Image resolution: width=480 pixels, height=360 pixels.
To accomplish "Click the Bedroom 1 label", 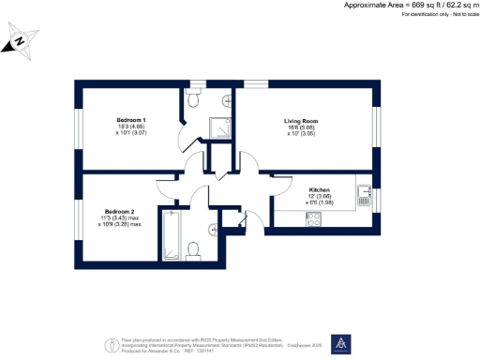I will [x=131, y=121].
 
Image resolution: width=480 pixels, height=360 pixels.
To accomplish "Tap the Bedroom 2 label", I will [x=120, y=211].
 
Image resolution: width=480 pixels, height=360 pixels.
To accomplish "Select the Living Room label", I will [x=303, y=121].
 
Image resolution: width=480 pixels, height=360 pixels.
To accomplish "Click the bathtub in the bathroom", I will [x=171, y=235].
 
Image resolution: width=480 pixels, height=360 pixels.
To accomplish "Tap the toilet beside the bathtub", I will [x=193, y=248].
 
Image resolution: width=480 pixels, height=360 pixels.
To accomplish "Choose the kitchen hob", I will [x=313, y=219].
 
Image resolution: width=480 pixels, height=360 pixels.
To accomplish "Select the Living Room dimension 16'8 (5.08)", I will [x=301, y=128].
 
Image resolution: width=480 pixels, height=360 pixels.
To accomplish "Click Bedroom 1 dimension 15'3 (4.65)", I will [x=131, y=128].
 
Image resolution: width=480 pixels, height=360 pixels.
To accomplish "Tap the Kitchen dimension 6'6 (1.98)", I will [x=319, y=202].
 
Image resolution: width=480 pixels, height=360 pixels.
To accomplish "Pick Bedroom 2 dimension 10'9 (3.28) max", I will [x=123, y=225].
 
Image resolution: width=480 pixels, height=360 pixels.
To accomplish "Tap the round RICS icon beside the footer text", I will [x=111, y=343].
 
